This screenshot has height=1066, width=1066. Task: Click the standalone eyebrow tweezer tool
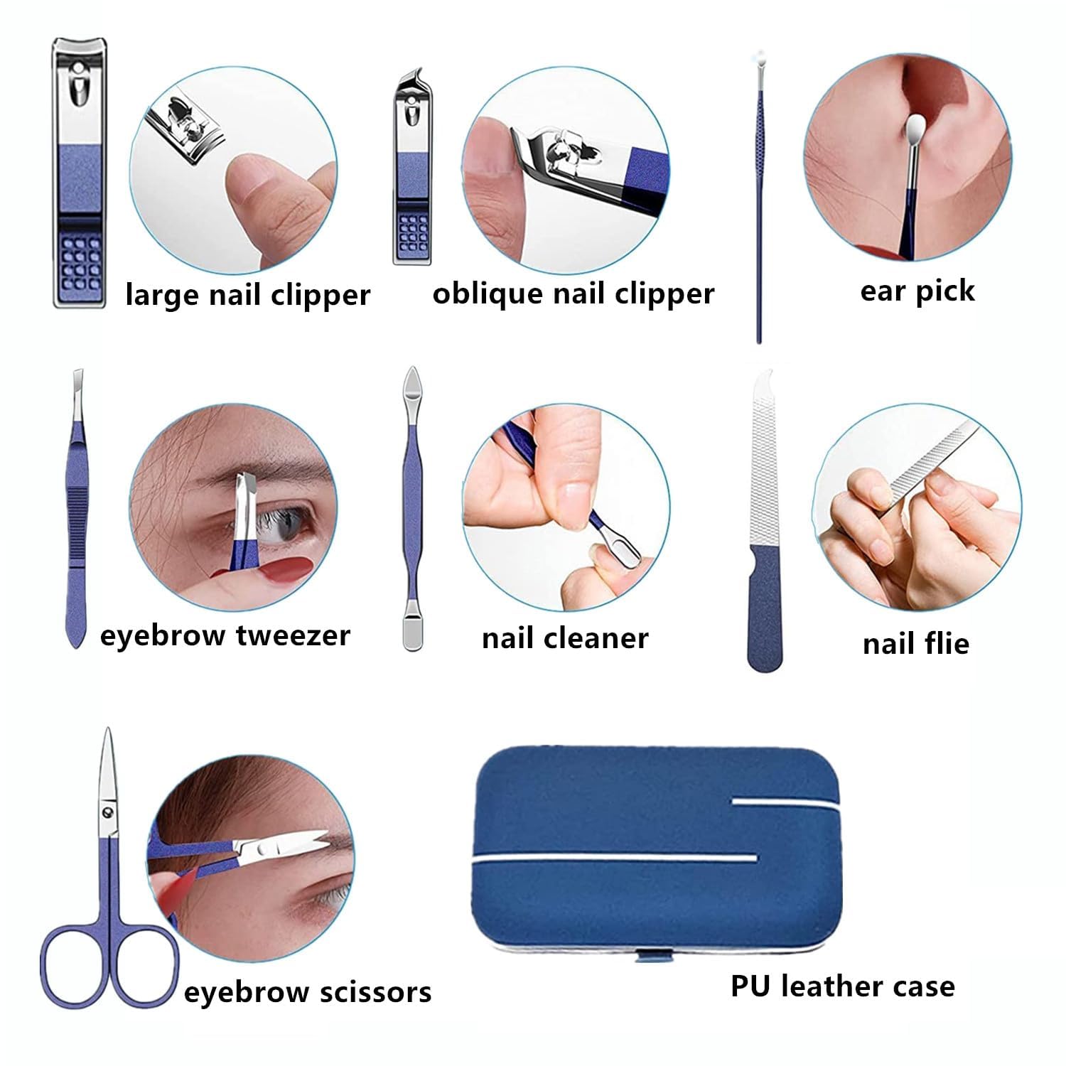pos(75,508)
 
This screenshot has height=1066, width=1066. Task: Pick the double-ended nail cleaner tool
pos(413,508)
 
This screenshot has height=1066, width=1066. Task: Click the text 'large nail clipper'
pos(248,295)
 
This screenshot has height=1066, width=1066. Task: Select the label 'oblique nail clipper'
pos(574,294)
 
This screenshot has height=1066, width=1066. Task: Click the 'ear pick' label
pos(917,291)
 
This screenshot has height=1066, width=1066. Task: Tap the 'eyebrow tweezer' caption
pos(225,635)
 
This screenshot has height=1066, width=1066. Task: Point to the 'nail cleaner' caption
pos(565,637)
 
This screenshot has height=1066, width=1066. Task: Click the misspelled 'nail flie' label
pos(916,643)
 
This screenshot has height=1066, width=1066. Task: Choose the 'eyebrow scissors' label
pos(308,992)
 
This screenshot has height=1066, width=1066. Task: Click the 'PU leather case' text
pos(843,986)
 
